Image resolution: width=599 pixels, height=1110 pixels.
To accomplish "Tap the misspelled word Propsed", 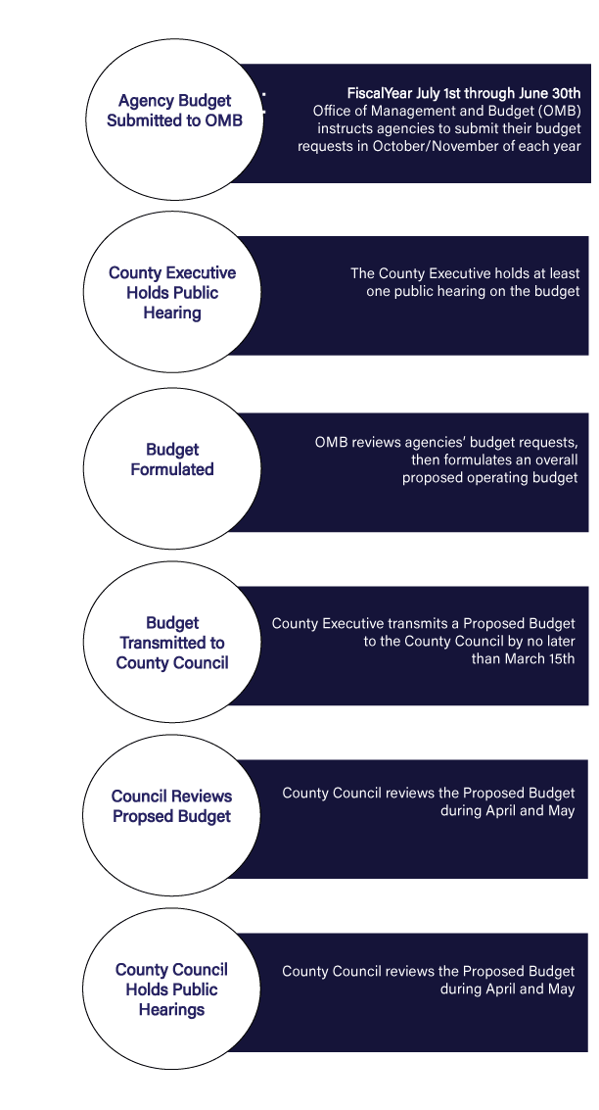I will tap(143, 816).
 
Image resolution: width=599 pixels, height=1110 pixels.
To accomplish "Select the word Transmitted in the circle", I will tap(172, 643).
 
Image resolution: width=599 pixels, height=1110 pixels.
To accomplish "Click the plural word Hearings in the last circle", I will tap(172, 1009).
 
